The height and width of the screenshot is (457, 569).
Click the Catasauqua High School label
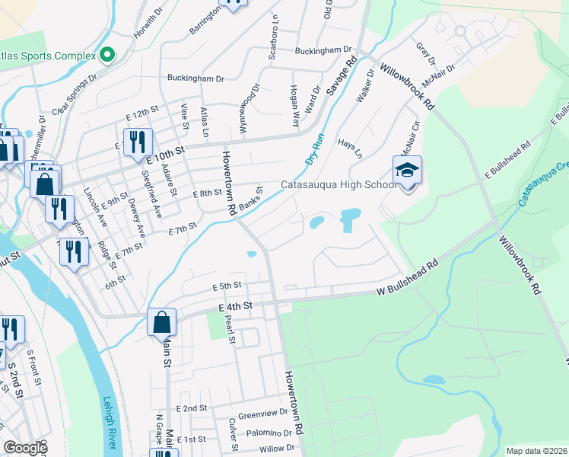click(338, 184)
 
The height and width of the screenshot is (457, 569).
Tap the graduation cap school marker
click(407, 170)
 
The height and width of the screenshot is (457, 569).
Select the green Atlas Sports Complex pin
click(106, 55)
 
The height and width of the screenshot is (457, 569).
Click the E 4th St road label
click(234, 306)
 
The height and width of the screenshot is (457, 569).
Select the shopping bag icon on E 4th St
click(162, 322)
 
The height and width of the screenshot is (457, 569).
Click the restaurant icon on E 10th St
click(138, 142)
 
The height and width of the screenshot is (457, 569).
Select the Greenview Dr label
click(257, 416)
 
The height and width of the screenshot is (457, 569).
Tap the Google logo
click(24, 448)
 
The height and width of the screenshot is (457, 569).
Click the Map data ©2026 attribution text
click(536, 451)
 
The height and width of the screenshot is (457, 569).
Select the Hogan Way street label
click(293, 100)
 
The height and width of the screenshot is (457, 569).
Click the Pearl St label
click(229, 328)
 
